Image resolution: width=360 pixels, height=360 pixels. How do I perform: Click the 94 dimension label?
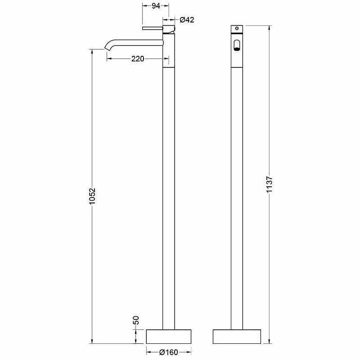(x=156, y=6)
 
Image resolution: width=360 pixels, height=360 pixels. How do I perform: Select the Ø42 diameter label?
(x=187, y=20)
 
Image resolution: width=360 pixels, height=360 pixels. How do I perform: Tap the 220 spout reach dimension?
(x=138, y=59)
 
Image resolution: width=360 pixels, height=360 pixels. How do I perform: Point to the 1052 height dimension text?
(x=92, y=196)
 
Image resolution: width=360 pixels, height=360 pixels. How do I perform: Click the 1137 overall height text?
(x=269, y=184)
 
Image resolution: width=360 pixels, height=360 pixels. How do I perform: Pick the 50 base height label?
(x=136, y=320)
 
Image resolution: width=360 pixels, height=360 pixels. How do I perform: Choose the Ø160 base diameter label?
(x=169, y=352)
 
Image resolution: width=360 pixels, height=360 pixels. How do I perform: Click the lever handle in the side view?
(x=153, y=28)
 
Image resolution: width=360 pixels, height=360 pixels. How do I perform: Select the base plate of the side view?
(x=169, y=337)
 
